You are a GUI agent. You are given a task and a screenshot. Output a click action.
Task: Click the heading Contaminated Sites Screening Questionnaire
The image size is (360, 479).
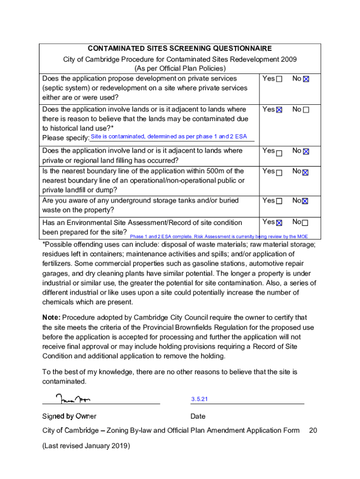[x=180, y=49]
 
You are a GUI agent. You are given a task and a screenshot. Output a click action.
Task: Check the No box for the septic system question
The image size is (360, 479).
[x=306, y=80]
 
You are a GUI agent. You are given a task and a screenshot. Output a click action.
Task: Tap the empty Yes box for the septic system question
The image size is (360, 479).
[x=279, y=80]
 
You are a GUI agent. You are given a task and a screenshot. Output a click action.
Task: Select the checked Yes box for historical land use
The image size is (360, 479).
[x=279, y=110]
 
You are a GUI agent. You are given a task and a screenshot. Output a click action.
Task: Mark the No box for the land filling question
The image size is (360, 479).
[x=306, y=152]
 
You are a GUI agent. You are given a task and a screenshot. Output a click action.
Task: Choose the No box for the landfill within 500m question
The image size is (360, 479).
[x=306, y=172]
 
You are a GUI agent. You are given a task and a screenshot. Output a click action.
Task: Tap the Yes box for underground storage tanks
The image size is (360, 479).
[x=279, y=201]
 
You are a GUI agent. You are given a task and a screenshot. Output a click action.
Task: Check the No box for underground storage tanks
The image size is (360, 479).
[x=306, y=201]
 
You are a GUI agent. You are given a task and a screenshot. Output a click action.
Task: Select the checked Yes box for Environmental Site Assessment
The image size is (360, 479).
[x=279, y=223]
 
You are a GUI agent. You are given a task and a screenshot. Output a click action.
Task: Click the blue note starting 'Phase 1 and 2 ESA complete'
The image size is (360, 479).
[x=219, y=237]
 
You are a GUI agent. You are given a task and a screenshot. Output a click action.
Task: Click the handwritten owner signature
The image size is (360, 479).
[x=73, y=399]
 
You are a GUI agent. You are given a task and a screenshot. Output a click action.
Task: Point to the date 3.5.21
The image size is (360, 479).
[x=199, y=399]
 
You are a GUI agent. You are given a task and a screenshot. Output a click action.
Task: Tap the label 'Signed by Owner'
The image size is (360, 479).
[x=69, y=416]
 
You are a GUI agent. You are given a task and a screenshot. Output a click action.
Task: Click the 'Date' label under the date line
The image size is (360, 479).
[x=198, y=416]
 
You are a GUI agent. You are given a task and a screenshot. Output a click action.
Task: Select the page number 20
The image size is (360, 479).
[x=313, y=430]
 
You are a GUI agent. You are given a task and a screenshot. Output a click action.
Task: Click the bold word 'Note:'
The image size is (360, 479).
[x=51, y=318]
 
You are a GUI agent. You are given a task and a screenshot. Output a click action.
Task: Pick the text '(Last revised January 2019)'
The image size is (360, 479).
[x=86, y=446]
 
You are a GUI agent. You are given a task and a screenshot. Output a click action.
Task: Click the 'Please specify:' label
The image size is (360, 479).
[x=65, y=138]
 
